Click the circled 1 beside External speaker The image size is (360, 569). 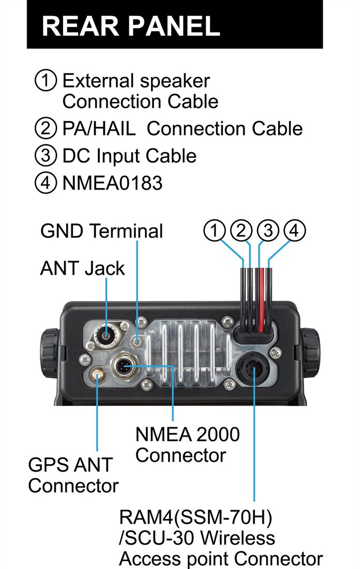point(46,80)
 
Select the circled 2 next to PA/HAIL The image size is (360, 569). point(46,128)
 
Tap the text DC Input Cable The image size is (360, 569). point(129,156)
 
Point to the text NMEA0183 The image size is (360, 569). point(113,183)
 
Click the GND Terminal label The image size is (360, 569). point(101,231)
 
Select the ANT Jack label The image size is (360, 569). point(82,268)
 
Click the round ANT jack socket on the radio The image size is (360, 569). point(106,336)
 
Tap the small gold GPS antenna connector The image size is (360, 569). point(97,373)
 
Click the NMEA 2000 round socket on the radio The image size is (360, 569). point(125,365)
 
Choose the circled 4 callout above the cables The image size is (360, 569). point(294,230)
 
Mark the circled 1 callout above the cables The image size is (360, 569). point(215,230)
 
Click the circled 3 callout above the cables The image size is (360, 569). point(268,230)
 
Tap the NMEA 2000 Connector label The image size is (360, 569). point(187,444)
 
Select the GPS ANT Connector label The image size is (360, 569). point(73,475)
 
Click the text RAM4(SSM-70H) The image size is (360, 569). point(195,518)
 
